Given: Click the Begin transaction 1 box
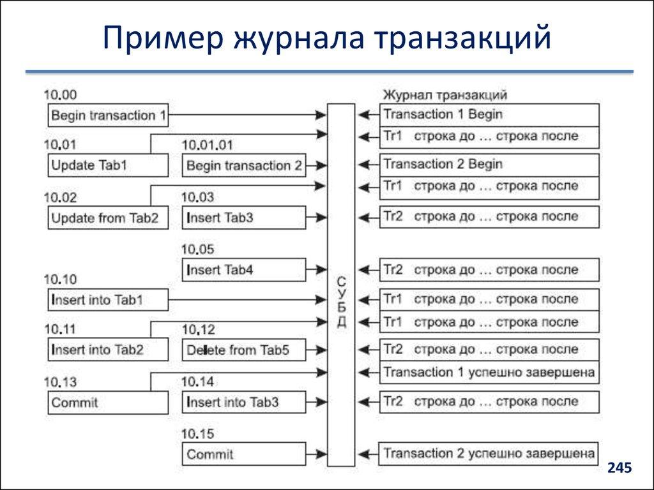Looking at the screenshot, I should (109, 115).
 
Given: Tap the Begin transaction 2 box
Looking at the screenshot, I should (243, 165).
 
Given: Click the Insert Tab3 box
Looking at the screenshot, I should (243, 218).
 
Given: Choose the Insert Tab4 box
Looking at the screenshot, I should (243, 270).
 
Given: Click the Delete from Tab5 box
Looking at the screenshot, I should (243, 350).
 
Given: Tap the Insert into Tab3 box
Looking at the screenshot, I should (243, 402).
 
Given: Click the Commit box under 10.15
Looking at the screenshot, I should (243, 454).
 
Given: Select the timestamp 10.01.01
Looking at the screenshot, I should (208, 145).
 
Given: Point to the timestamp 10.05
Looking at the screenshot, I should (198, 249).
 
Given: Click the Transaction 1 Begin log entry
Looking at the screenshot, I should (489, 115).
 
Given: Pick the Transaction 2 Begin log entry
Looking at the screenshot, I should (489, 165).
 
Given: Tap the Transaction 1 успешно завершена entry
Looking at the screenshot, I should (489, 372).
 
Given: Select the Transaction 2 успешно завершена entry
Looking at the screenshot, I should (489, 454).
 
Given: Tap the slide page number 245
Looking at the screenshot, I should (619, 468).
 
